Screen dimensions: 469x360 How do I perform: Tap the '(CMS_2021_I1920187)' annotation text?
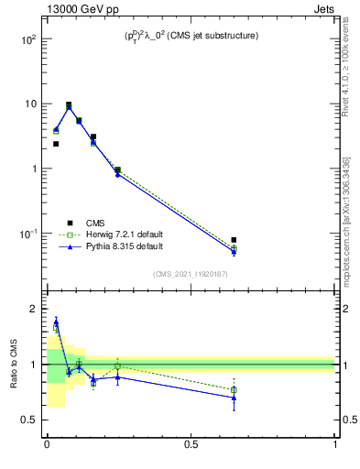click(191, 274)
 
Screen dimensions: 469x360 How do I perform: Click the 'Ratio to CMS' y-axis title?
click(14, 364)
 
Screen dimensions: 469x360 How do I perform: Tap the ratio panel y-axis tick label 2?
click(34, 309)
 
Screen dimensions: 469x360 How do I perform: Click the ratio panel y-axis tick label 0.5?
click(30, 420)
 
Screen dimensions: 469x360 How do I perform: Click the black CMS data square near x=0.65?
click(234, 240)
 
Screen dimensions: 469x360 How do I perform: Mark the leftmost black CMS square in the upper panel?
click(56, 144)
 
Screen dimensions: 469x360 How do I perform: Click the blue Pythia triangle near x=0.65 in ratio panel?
click(234, 398)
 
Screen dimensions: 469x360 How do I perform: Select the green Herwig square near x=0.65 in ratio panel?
click(234, 390)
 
